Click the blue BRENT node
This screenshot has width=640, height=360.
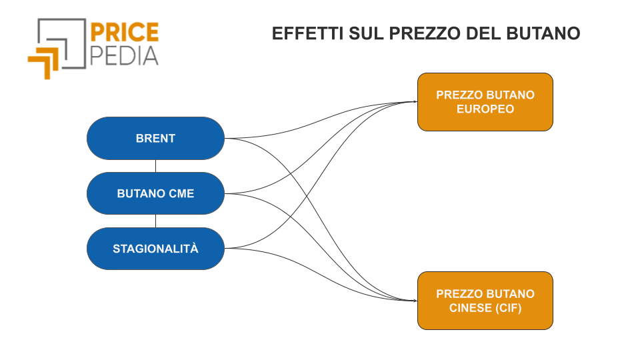point(155,139)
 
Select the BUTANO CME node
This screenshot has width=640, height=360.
point(155,193)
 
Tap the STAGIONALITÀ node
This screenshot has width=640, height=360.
point(155,249)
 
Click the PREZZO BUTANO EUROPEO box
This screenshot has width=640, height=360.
point(485,102)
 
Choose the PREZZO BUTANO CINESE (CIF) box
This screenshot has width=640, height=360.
point(485,301)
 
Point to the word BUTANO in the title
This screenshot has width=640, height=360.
point(543,33)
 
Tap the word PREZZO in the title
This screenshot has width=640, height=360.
point(425,33)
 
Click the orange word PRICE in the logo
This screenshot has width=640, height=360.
point(124,33)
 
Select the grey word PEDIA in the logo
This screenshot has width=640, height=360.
point(124,56)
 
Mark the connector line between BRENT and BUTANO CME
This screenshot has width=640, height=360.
point(155,166)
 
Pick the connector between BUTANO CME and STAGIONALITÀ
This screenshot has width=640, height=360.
point(155,221)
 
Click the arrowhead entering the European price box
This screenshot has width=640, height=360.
point(415,101)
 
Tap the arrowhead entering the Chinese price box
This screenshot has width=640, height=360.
point(415,301)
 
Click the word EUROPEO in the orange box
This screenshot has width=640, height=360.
point(485,109)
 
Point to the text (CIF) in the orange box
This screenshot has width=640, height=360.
point(509,308)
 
